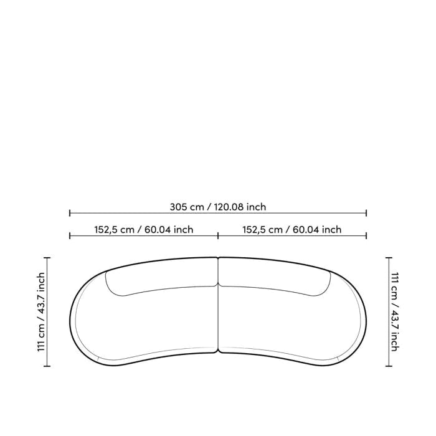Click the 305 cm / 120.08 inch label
tap(218, 207)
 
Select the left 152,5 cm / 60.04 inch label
tap(144, 230)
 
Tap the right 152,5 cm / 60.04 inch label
tap(292, 230)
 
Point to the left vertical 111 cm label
tap(41, 311)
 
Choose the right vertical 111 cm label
tap(395, 311)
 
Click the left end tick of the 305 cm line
tap(70, 213)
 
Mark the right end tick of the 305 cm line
tap(366, 213)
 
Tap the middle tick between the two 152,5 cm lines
tap(218, 236)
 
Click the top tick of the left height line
tap(47, 258)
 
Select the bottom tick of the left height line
tap(47, 366)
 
